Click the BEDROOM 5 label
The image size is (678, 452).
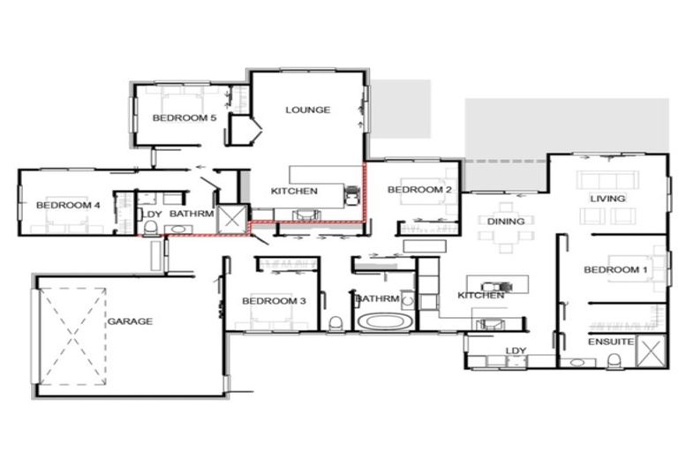(x=184, y=118)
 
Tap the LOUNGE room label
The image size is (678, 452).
(x=307, y=110)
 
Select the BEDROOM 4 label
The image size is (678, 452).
(x=68, y=206)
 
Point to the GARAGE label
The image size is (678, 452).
(x=131, y=321)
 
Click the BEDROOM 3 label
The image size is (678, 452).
(x=274, y=302)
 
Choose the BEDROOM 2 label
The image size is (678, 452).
(x=419, y=190)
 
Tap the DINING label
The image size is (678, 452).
(x=505, y=222)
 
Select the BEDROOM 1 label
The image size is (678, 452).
(x=614, y=269)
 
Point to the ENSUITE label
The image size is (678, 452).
(x=610, y=340)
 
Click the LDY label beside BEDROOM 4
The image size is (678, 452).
(x=153, y=214)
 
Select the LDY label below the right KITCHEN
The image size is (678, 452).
(x=514, y=351)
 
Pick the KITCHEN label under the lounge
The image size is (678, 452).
(x=294, y=192)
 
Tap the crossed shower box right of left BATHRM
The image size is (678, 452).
(x=232, y=218)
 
